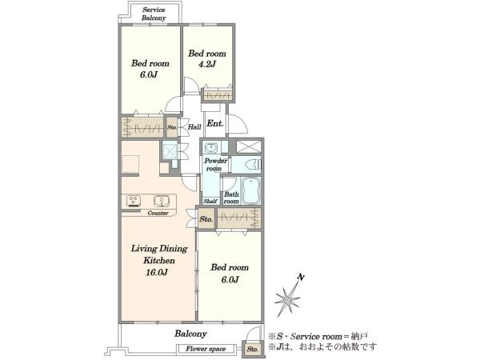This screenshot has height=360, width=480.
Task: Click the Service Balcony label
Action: (x=154, y=14)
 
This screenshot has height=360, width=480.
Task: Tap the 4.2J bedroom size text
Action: (x=207, y=64)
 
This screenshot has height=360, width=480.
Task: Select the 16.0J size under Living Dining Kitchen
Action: (x=157, y=272)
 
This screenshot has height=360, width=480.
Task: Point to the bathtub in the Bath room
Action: (x=251, y=190)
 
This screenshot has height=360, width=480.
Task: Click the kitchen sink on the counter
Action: (x=161, y=201)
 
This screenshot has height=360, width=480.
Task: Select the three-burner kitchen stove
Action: (x=134, y=201)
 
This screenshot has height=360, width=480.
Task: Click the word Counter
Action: (x=158, y=213)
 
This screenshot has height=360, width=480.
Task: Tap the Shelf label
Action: (x=210, y=201)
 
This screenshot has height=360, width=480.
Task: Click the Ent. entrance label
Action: (x=215, y=123)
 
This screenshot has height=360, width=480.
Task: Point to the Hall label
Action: (x=194, y=126)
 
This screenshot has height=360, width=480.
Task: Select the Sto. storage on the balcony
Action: (x=253, y=349)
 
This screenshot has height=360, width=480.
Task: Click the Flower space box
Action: (x=206, y=349)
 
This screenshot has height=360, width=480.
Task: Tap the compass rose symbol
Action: (x=287, y=300)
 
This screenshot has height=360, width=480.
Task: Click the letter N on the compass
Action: (x=301, y=278)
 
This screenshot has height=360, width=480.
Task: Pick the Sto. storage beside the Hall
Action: (x=172, y=126)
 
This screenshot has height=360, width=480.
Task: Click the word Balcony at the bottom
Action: (x=190, y=334)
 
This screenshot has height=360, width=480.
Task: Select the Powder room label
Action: (x=215, y=164)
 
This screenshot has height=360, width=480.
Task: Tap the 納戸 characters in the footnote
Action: (x=359, y=337)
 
